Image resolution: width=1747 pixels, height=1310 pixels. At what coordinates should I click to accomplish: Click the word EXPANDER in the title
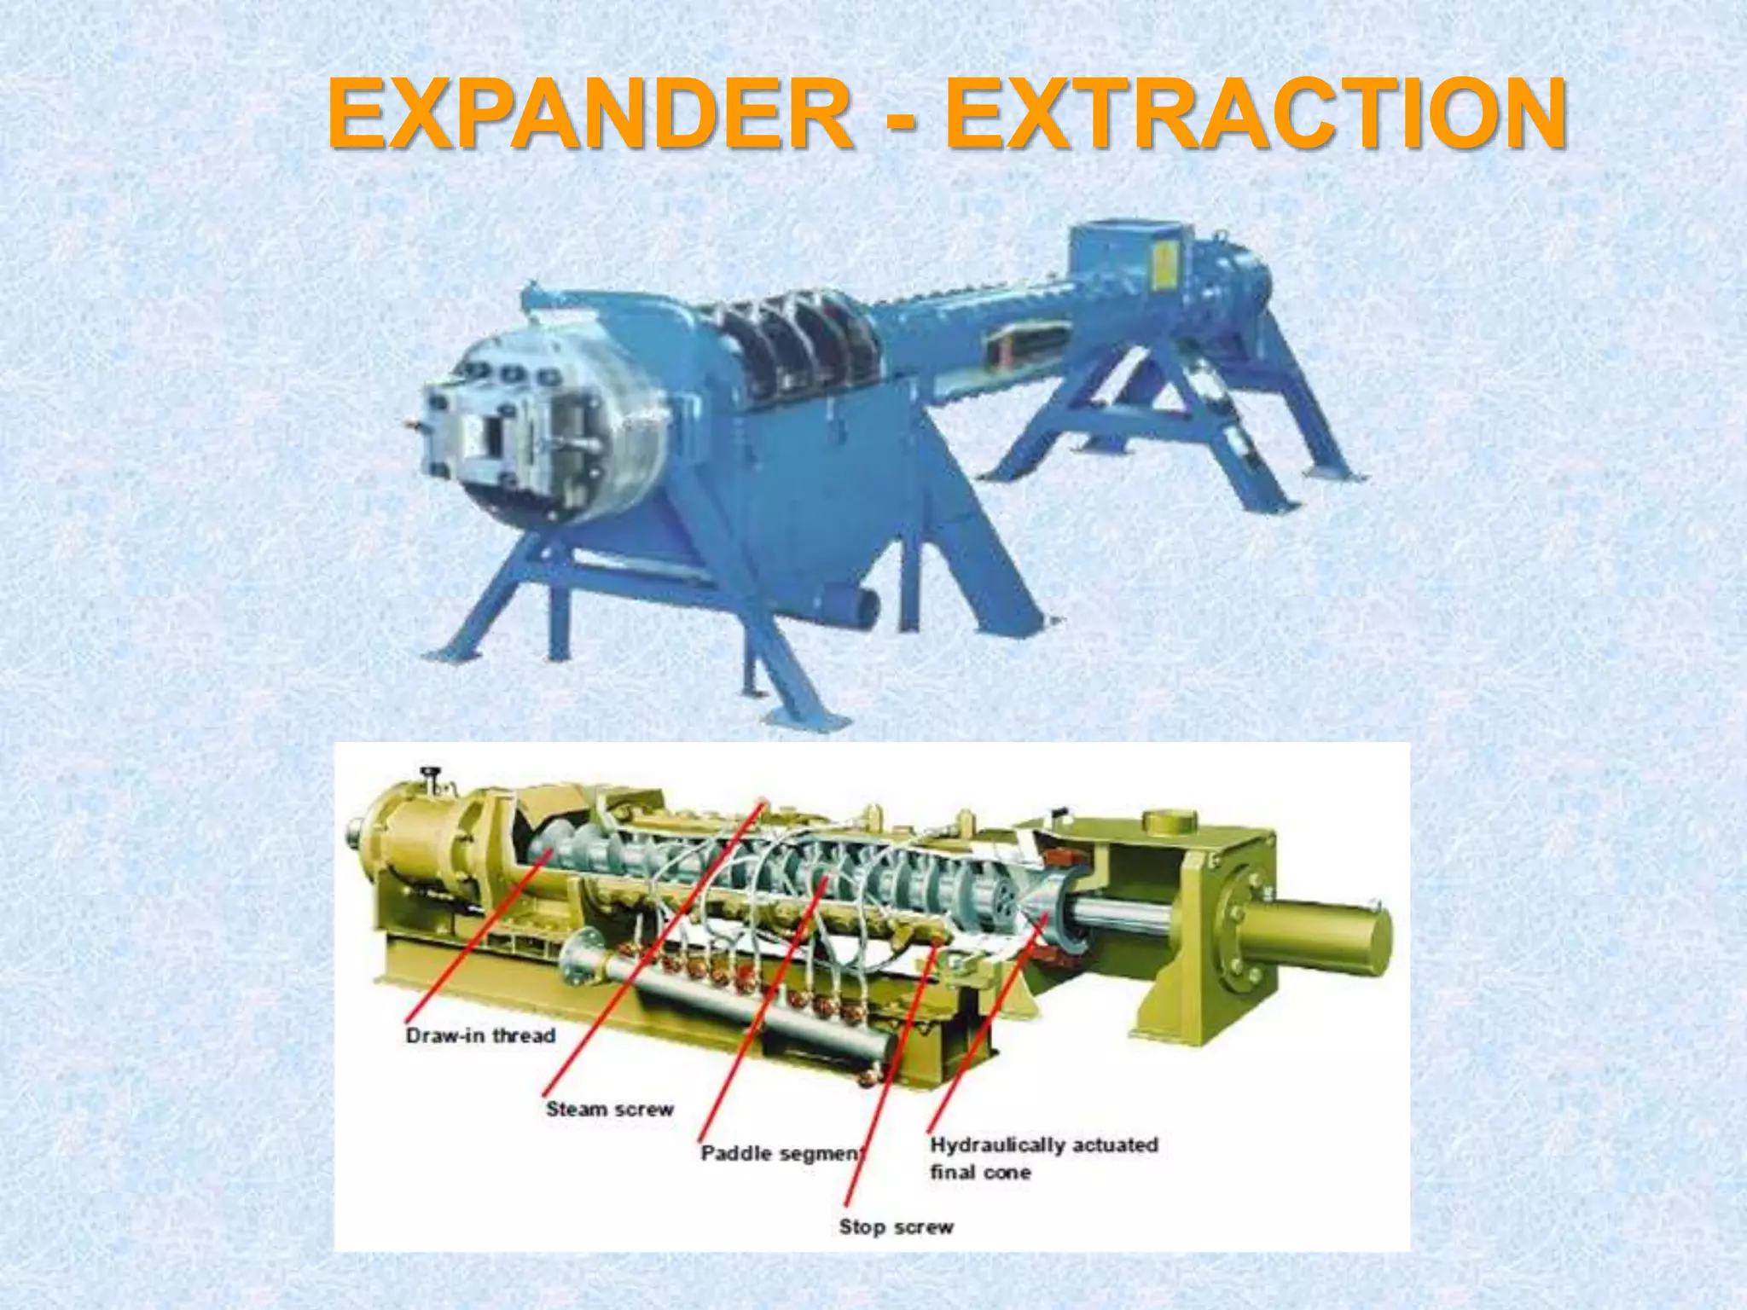(589, 113)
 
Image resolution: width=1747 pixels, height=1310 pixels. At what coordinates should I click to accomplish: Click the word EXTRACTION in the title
(1254, 113)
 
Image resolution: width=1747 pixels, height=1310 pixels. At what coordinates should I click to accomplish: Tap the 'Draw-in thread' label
(480, 1035)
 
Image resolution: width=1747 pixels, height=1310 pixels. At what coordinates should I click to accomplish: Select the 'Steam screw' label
(609, 1109)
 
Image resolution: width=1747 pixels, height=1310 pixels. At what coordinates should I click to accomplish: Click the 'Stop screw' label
(896, 1226)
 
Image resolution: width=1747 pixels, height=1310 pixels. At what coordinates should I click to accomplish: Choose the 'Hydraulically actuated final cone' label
(1043, 1157)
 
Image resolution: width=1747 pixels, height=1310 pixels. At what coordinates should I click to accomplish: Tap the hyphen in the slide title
(897, 117)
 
